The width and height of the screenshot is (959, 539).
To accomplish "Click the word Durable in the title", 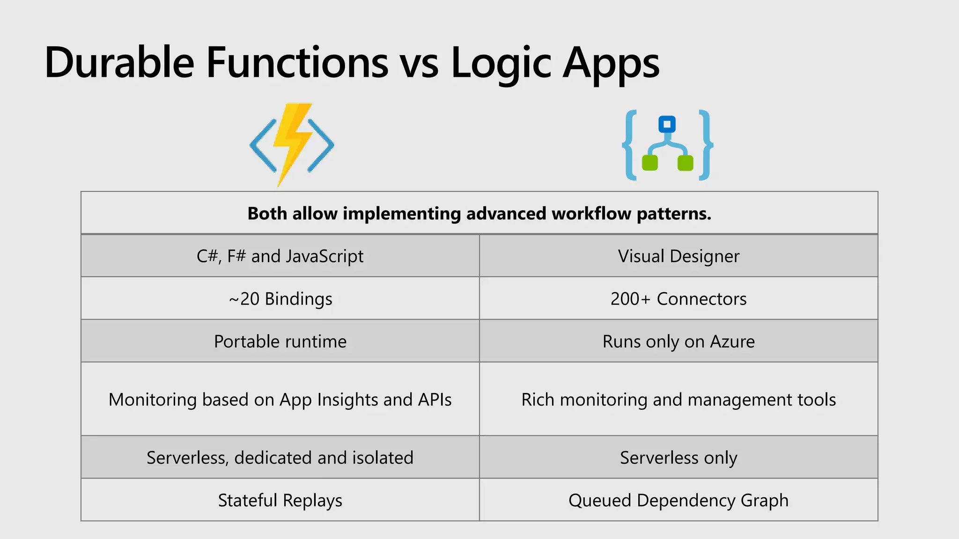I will [x=119, y=63].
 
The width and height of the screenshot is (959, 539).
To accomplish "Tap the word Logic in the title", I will [x=501, y=64].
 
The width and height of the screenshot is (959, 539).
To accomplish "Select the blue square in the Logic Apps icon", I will [x=667, y=124].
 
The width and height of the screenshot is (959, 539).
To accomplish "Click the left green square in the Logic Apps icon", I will [x=649, y=163].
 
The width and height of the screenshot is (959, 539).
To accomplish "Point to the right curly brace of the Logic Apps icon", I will [x=705, y=145].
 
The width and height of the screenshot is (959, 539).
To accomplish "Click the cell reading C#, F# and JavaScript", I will [x=280, y=256].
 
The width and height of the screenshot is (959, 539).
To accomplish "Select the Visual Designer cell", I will [x=679, y=256].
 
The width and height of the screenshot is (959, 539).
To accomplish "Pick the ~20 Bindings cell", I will [x=280, y=299].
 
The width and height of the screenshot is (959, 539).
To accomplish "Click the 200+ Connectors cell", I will [x=679, y=299].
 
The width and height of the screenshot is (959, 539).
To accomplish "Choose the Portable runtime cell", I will [x=280, y=341].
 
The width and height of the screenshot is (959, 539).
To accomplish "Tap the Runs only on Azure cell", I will [x=679, y=341].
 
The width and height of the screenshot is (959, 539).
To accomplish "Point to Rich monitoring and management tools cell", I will [x=679, y=400].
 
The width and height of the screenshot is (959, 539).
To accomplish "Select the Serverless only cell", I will [x=679, y=457].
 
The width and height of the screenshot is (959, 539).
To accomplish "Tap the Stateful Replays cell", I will [x=280, y=500].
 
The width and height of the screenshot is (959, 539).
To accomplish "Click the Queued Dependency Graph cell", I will [x=679, y=500].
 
